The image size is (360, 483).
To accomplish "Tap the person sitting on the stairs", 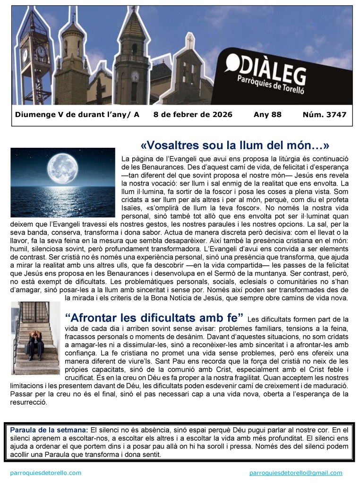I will (x=35, y=344).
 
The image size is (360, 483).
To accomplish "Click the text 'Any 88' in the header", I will (x=267, y=115).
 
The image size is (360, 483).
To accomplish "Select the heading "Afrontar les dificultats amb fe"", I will (x=154, y=316).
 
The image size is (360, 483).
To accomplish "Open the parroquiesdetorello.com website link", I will (x=45, y=473).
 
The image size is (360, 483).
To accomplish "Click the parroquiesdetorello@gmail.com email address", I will (x=295, y=473).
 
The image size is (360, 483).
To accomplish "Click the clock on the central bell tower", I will (x=135, y=76).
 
